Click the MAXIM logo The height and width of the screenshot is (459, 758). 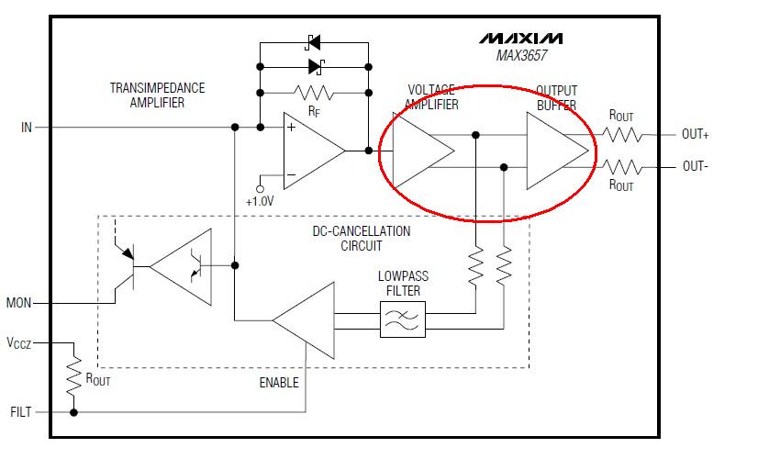point(520,39)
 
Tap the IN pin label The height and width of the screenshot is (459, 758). point(26,127)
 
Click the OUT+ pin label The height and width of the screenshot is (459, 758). point(696,134)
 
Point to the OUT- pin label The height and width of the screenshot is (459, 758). point(695,166)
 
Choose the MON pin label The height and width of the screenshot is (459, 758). point(20,302)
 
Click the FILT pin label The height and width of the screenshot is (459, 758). point(20,412)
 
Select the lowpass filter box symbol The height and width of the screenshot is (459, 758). point(401,319)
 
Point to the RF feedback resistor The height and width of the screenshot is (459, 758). point(314,92)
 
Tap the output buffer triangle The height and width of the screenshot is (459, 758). point(553,151)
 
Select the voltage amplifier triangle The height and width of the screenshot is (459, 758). point(419,150)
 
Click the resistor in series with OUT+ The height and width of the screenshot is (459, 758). point(621,134)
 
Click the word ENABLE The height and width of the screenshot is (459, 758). point(278,382)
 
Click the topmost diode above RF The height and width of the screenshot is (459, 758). point(314,42)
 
